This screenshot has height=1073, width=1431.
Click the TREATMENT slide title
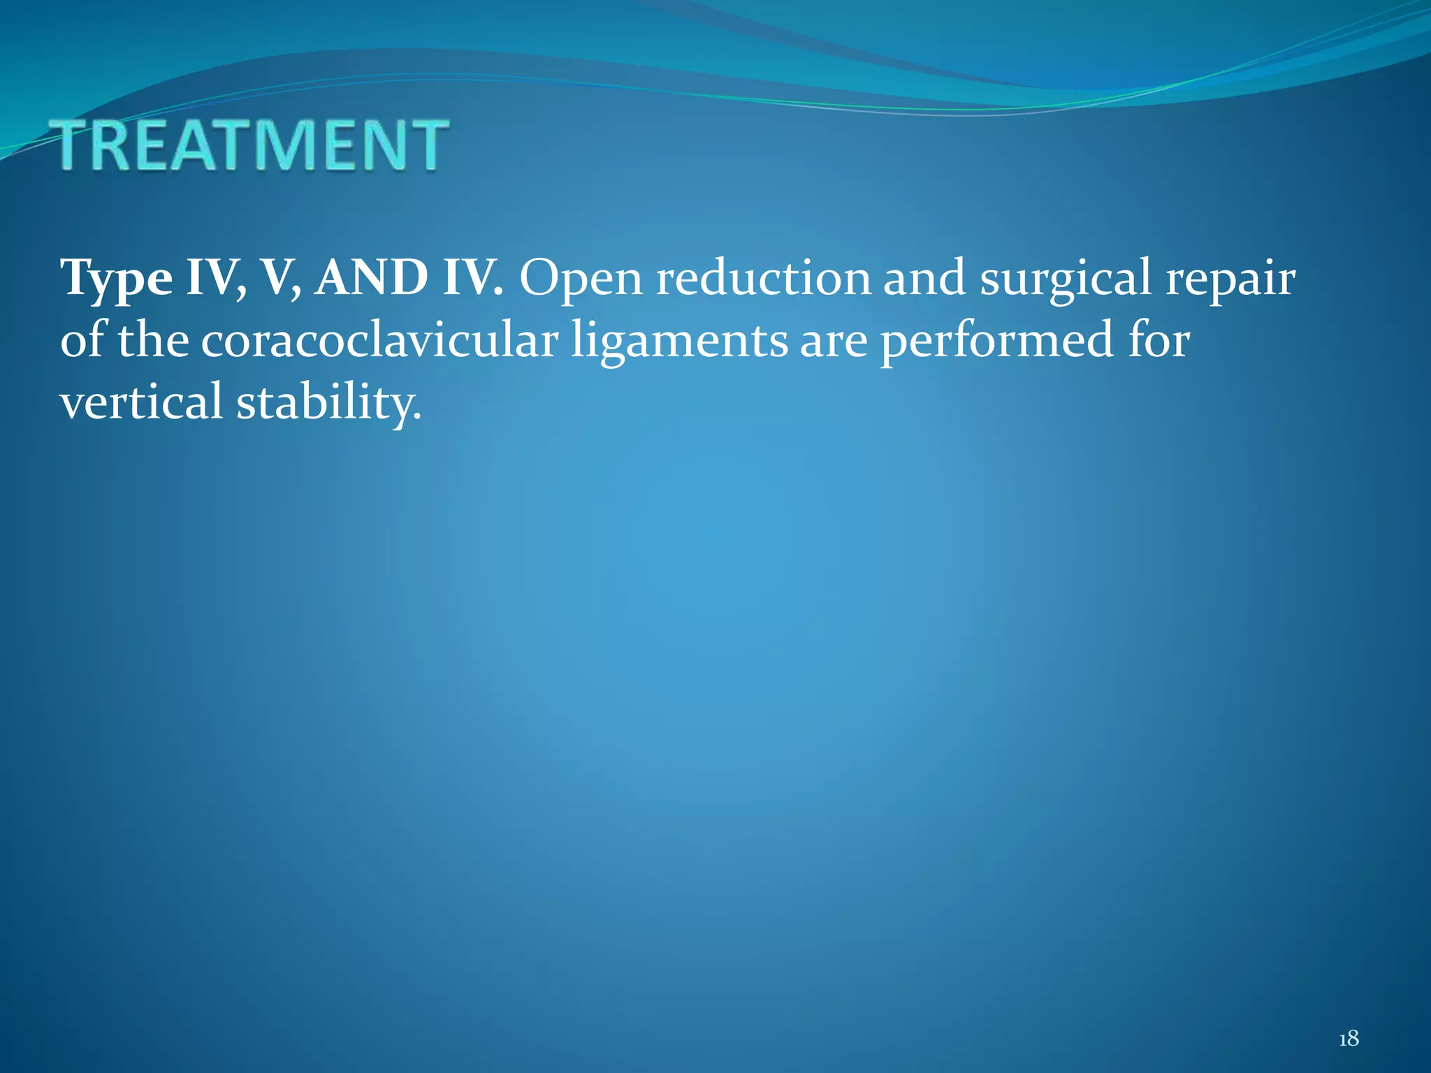252,145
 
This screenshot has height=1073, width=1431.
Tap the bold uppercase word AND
371,278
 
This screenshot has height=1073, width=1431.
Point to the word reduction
763,278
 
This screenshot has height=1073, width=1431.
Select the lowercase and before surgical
925,278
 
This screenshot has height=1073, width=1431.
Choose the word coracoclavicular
380,340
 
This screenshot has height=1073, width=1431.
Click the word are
834,342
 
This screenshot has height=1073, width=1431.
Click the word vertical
140,402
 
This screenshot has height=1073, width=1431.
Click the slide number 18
1349,1039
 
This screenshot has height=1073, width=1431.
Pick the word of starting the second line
82,340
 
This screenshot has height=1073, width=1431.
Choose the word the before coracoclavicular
153,340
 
